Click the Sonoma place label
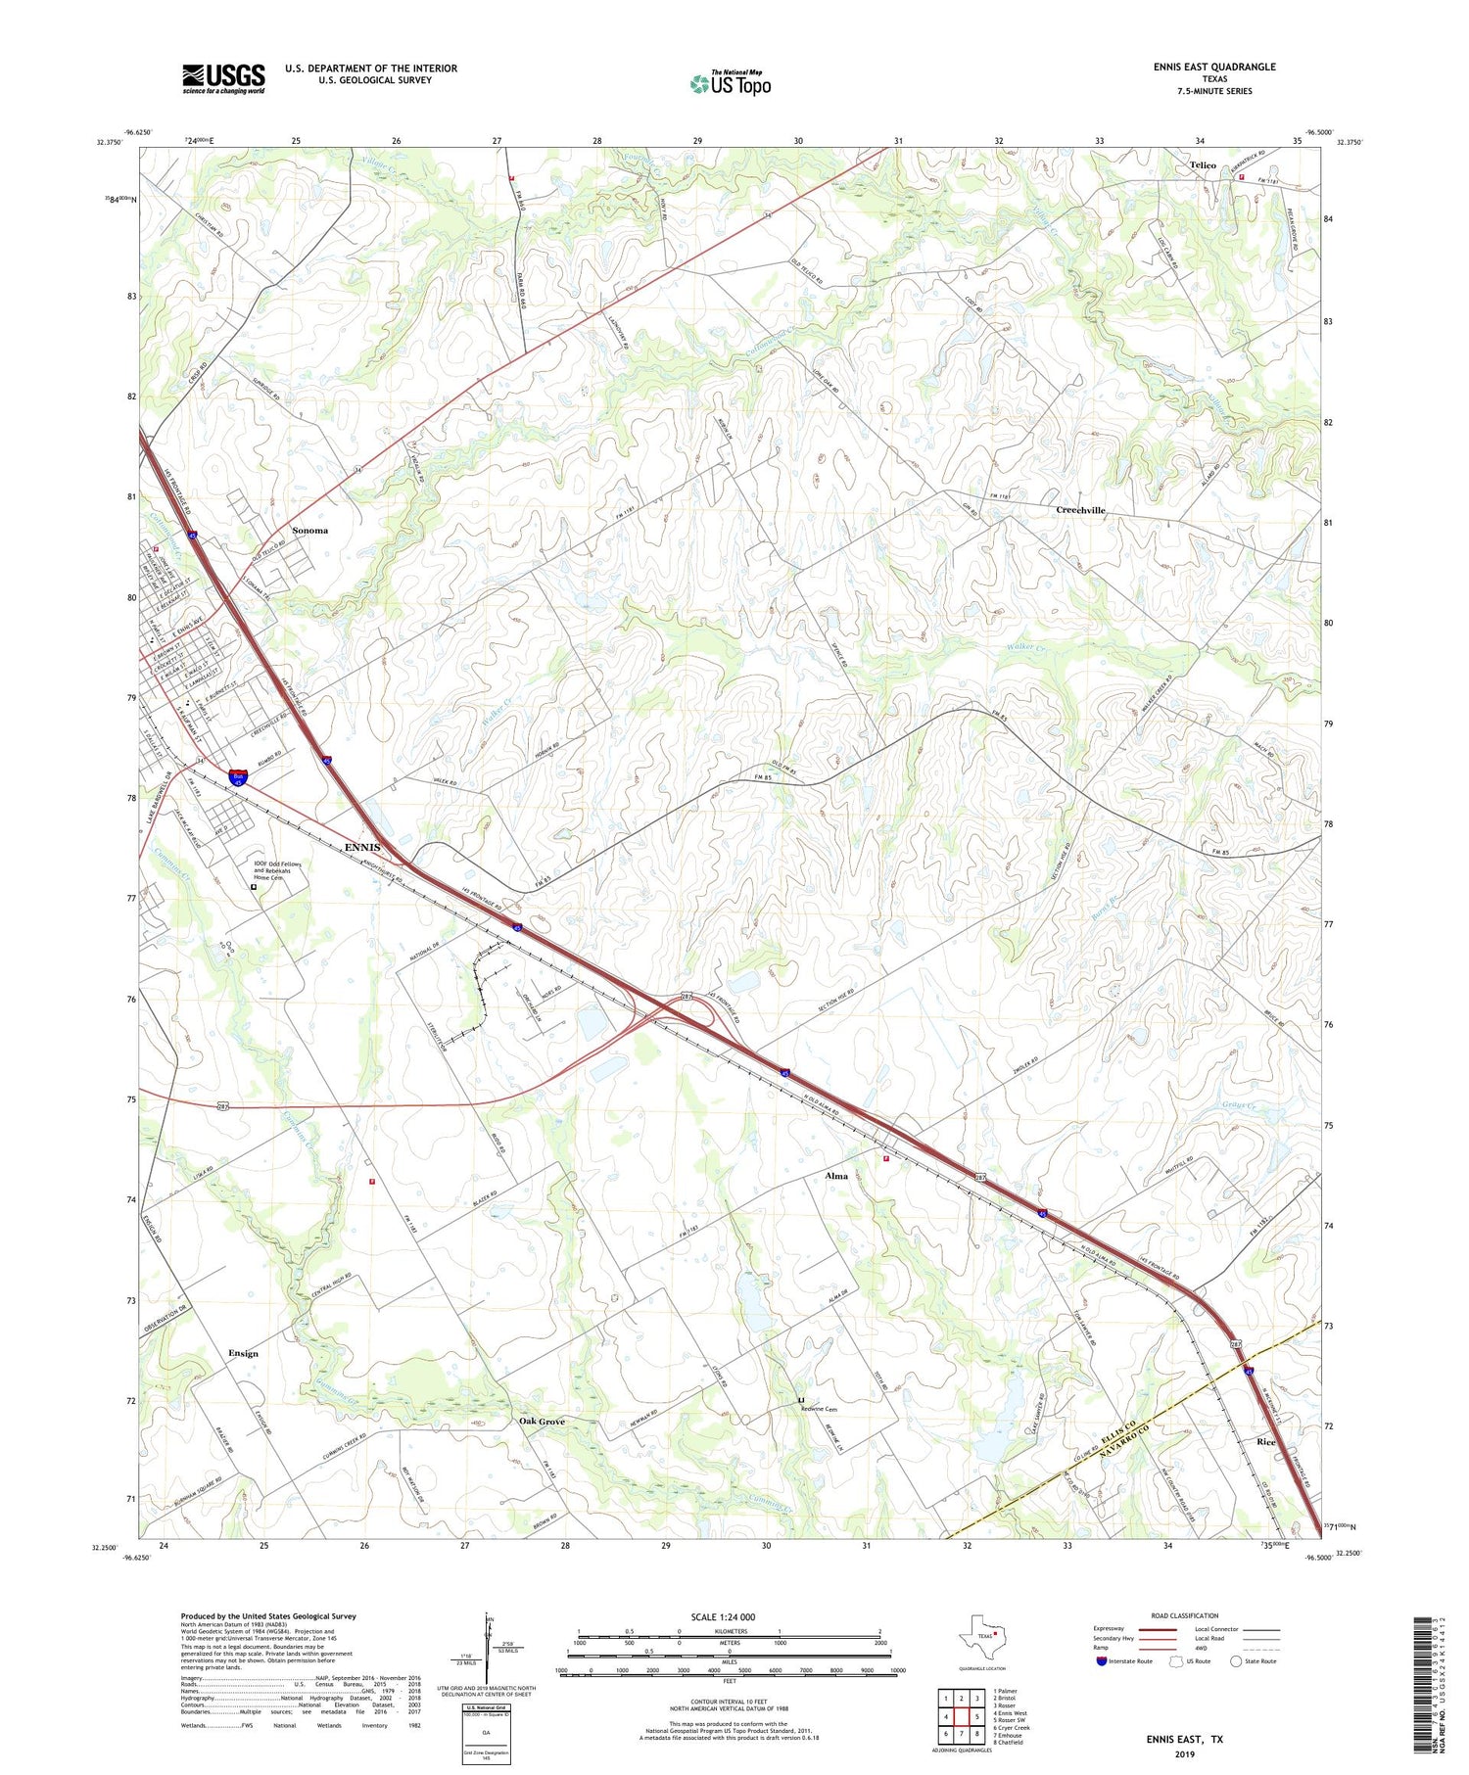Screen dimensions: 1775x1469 tap(309, 531)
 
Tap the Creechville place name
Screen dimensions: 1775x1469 tap(1080, 510)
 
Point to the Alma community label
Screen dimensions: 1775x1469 tap(836, 1176)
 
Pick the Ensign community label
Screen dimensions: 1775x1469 tap(243, 1353)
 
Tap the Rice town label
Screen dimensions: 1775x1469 tap(1266, 1442)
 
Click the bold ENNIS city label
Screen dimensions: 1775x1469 tap(361, 847)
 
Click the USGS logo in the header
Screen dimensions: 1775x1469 tap(223, 78)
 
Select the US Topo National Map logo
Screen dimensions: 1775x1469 tap(731, 83)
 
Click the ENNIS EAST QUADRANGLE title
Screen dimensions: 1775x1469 tap(1213, 67)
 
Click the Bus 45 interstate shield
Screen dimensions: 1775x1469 tap(238, 777)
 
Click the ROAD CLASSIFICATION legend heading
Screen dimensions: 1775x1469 tap(1184, 1615)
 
